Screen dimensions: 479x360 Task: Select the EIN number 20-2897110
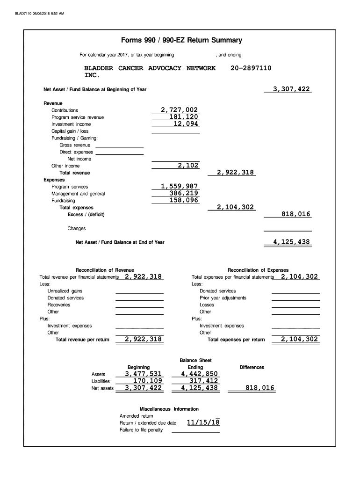point(251,68)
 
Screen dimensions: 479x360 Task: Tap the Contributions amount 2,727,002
point(180,110)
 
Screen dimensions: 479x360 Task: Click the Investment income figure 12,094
point(186,124)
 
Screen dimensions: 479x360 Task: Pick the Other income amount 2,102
point(188,166)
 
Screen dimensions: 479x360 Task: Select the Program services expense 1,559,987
point(180,186)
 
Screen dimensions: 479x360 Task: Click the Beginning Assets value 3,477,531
point(143,374)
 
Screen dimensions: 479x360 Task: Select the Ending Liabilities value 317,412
point(203,381)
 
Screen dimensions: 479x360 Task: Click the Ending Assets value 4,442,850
point(199,374)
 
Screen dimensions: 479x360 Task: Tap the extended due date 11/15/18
point(203,423)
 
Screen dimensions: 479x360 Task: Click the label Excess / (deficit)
point(86,215)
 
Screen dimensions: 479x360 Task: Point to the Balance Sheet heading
point(195,360)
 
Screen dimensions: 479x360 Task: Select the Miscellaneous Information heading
point(169,409)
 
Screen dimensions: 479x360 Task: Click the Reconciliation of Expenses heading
point(258,270)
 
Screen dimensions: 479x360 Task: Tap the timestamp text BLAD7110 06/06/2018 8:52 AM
point(40,13)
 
